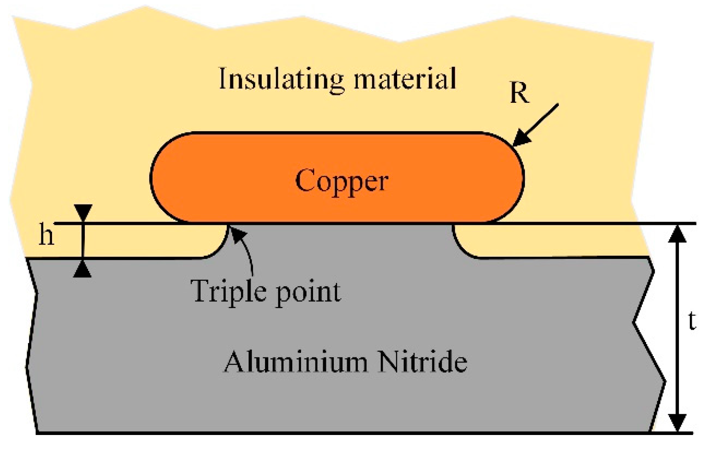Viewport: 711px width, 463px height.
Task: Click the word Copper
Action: (341, 181)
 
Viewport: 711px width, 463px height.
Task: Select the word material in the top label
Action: (405, 79)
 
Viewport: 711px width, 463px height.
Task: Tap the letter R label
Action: (519, 93)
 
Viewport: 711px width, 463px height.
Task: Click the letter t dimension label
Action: (692, 321)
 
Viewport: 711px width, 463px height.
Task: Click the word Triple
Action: (227, 291)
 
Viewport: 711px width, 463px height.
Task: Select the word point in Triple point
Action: (308, 292)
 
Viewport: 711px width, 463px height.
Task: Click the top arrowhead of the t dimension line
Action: (677, 234)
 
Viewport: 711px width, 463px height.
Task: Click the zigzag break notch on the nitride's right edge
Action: (637, 322)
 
